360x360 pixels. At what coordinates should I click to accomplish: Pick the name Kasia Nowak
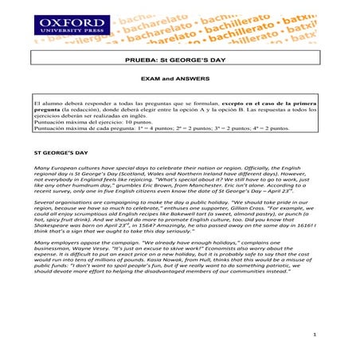point(198,261)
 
